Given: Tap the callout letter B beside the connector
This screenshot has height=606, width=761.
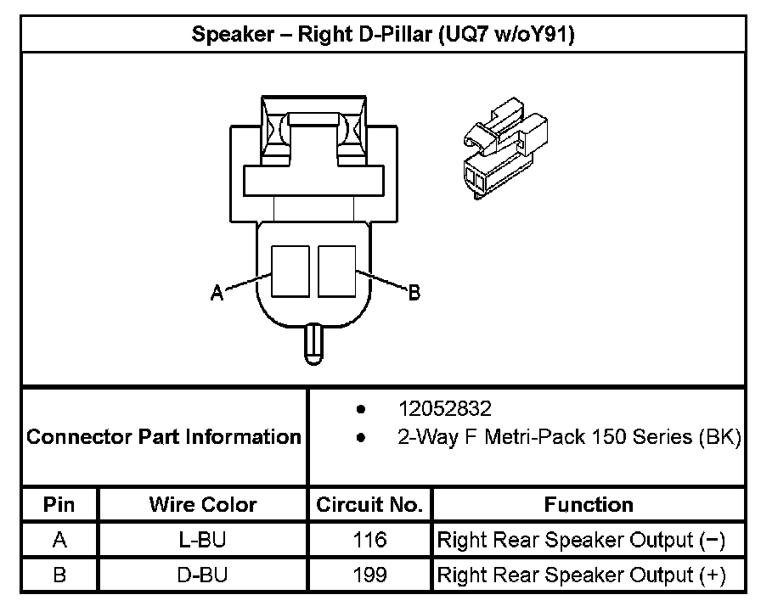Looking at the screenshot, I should pyautogui.click(x=414, y=293).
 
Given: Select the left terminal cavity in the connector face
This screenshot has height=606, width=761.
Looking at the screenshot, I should pyautogui.click(x=290, y=271).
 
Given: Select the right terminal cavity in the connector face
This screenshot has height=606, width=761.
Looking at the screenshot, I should pyautogui.click(x=337, y=271).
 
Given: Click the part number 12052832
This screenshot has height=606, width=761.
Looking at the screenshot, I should pyautogui.click(x=444, y=409).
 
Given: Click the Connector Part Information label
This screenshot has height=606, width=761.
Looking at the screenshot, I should pyautogui.click(x=164, y=438).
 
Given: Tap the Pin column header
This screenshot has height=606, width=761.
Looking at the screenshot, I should pyautogui.click(x=59, y=505).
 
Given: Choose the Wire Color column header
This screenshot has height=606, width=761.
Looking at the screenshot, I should pyautogui.click(x=202, y=505).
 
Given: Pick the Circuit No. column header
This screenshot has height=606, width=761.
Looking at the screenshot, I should pyautogui.click(x=369, y=505).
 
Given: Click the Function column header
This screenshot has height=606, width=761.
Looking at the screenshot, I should pyautogui.click(x=589, y=505).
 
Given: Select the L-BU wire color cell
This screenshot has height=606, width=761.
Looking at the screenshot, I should pyautogui.click(x=202, y=540).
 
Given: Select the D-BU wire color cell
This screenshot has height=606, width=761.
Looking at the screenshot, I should pyautogui.click(x=202, y=575).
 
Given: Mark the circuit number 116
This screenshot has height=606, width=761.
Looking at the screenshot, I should pyautogui.click(x=369, y=540).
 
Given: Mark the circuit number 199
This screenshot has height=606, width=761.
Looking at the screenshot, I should pyautogui.click(x=369, y=575).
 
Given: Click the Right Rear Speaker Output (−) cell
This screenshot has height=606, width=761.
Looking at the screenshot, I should pyautogui.click(x=581, y=540).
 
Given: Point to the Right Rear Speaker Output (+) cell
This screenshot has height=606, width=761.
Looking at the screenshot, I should pyautogui.click(x=581, y=575).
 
